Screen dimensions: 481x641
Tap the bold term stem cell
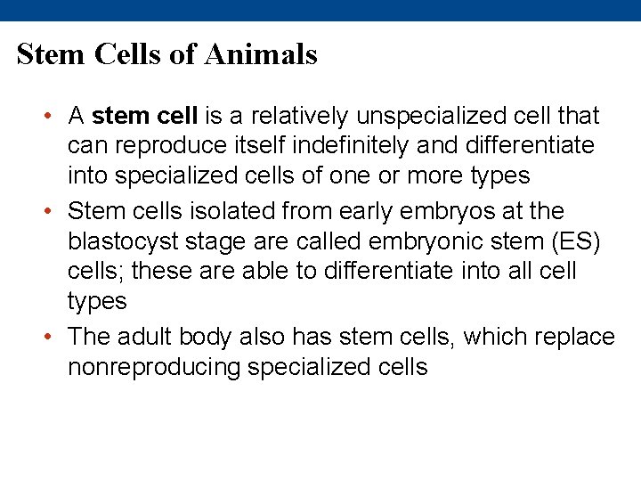tap(145, 116)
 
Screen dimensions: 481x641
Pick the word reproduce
tap(174, 145)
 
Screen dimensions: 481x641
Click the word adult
tap(143, 338)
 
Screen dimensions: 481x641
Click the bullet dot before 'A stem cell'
tap(53, 116)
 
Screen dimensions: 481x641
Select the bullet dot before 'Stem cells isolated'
tap(53, 212)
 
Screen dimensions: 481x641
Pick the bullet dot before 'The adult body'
tap(53, 338)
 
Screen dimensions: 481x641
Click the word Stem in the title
tap(48, 54)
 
